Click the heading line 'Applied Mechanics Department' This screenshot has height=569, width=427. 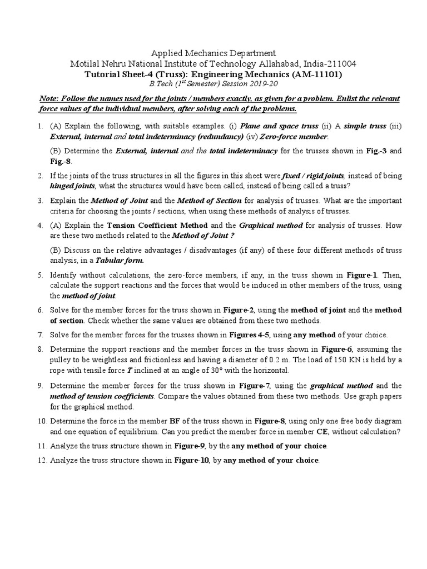(213, 53)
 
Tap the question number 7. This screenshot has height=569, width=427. (41, 335)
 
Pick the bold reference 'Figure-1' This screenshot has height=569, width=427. (363, 275)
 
